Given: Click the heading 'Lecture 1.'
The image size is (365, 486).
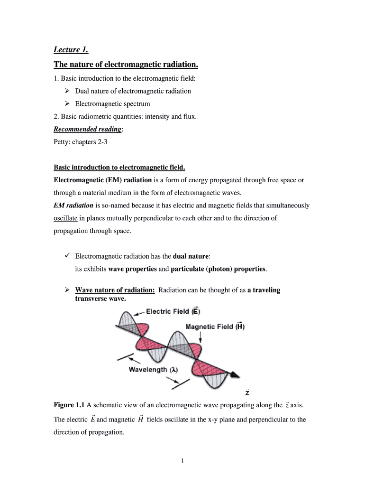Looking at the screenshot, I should [71, 49].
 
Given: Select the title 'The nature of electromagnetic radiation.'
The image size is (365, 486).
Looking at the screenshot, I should [126, 64].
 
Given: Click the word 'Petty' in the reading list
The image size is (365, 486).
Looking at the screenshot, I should [62, 142].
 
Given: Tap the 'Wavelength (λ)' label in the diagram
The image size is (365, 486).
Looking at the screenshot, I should [153, 370].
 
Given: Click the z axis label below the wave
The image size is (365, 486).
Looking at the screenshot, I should [247, 393].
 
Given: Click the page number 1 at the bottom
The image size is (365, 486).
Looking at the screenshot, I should [182, 460].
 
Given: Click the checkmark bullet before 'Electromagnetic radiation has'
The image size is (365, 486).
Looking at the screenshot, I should [67, 256].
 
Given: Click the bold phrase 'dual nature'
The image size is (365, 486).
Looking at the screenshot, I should [191, 256].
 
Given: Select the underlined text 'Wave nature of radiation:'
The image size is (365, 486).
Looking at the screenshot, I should [115, 290].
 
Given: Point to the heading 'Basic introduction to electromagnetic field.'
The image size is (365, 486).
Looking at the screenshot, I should [119, 168].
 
